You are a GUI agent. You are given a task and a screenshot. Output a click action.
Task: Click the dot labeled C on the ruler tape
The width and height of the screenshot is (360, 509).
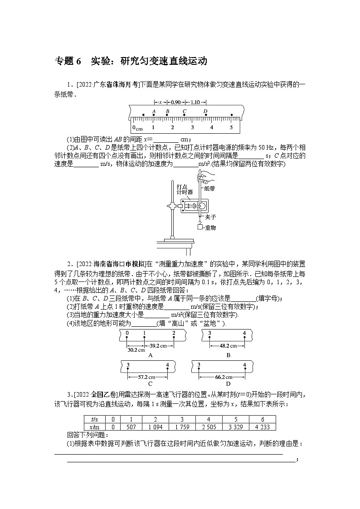[x=185, y=115]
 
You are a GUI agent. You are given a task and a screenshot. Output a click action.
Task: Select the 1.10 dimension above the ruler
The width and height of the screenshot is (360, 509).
[x=195, y=102]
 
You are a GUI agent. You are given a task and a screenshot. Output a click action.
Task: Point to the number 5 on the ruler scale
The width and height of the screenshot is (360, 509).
[x=231, y=128]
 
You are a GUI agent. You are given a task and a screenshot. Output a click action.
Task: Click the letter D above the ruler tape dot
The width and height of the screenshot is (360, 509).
[x=205, y=111]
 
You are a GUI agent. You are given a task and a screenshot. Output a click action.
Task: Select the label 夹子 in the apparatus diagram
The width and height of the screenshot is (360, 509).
[x=210, y=217]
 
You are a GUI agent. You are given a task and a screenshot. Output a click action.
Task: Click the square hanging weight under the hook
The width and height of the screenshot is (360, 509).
[x=199, y=227]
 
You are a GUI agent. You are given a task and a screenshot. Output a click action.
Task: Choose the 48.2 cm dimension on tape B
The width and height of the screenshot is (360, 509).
[x=226, y=345]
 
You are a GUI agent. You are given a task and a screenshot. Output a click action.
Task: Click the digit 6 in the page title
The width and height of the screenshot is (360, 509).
[x=78, y=61]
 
